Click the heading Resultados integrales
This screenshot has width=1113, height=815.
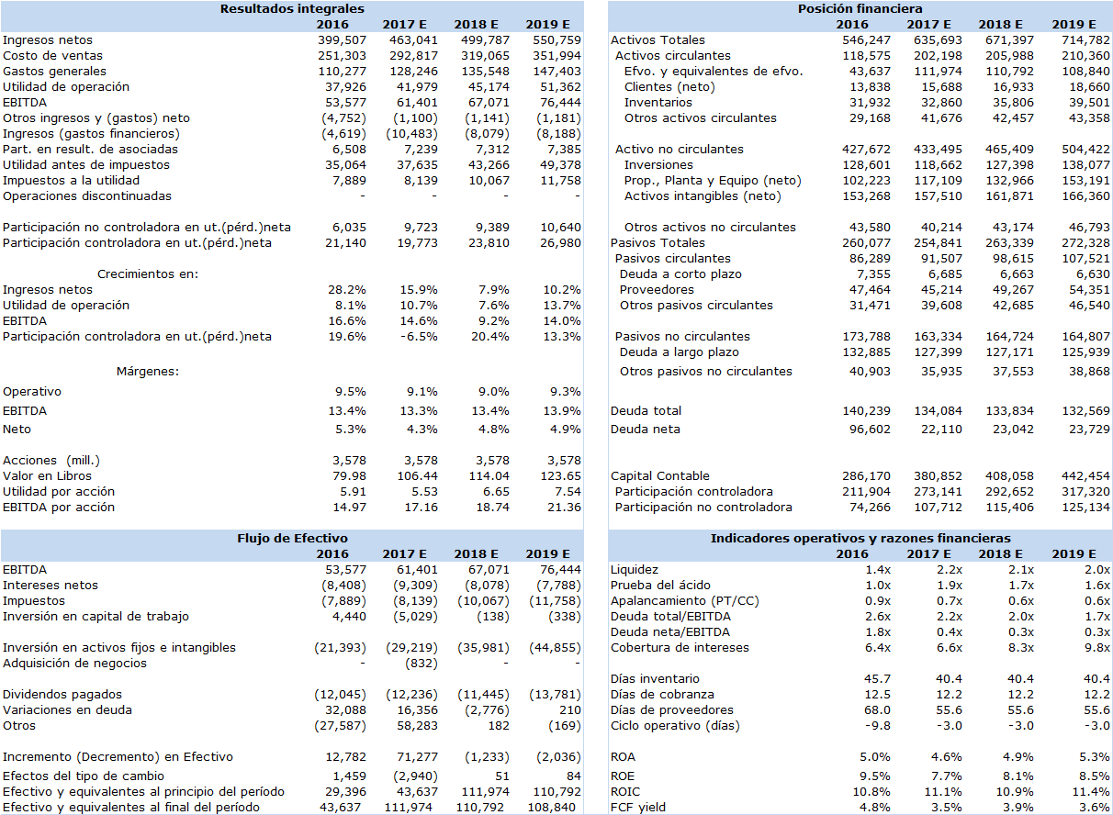292,9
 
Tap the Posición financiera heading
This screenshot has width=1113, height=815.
860,9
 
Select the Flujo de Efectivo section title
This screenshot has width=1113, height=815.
292,539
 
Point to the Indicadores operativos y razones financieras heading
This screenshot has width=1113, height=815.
860,539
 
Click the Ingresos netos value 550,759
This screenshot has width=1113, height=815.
556,40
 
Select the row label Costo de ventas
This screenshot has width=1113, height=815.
52,56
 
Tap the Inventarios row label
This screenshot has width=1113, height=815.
658,102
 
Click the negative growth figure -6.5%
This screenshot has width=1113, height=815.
419,337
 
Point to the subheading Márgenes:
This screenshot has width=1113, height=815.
148,372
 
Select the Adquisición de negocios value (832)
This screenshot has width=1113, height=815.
422,664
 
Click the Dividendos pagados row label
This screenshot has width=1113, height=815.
62,695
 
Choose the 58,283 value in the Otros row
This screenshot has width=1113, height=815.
417,726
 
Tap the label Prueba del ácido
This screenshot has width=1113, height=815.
660,585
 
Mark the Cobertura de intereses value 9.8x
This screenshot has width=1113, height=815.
1097,648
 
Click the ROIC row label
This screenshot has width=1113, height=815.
625,792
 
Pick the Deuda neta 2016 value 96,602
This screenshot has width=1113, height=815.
870,430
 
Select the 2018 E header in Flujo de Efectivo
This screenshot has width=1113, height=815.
476,553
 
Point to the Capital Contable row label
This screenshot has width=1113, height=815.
660,475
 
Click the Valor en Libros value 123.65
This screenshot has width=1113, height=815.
560,475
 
